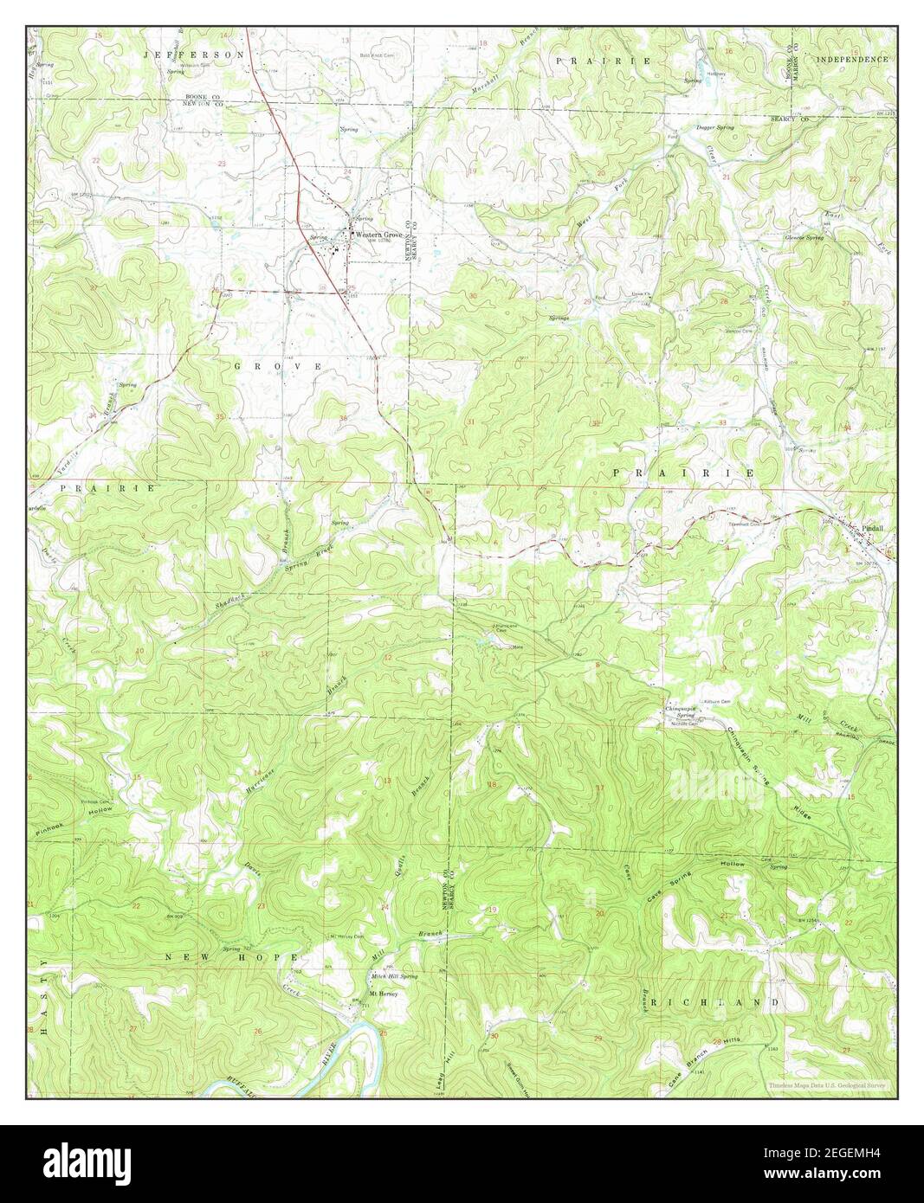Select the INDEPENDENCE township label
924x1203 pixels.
(852, 60)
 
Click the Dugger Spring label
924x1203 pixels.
(714, 127)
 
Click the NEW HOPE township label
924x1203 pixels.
(229, 957)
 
